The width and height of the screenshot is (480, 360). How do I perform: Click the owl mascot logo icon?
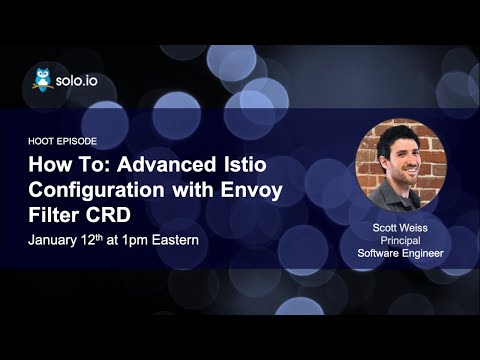coord(42,79)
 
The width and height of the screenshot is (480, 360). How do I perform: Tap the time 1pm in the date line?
coord(158,240)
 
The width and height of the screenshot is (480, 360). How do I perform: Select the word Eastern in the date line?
coord(206,240)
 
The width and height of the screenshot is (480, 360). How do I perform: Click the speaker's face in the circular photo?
coord(399,159)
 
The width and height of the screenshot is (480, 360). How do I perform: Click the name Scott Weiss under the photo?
coord(400,228)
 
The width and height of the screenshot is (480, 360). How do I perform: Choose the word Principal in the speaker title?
coord(400,240)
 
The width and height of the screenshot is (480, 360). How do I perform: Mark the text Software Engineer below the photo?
coord(400,253)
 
